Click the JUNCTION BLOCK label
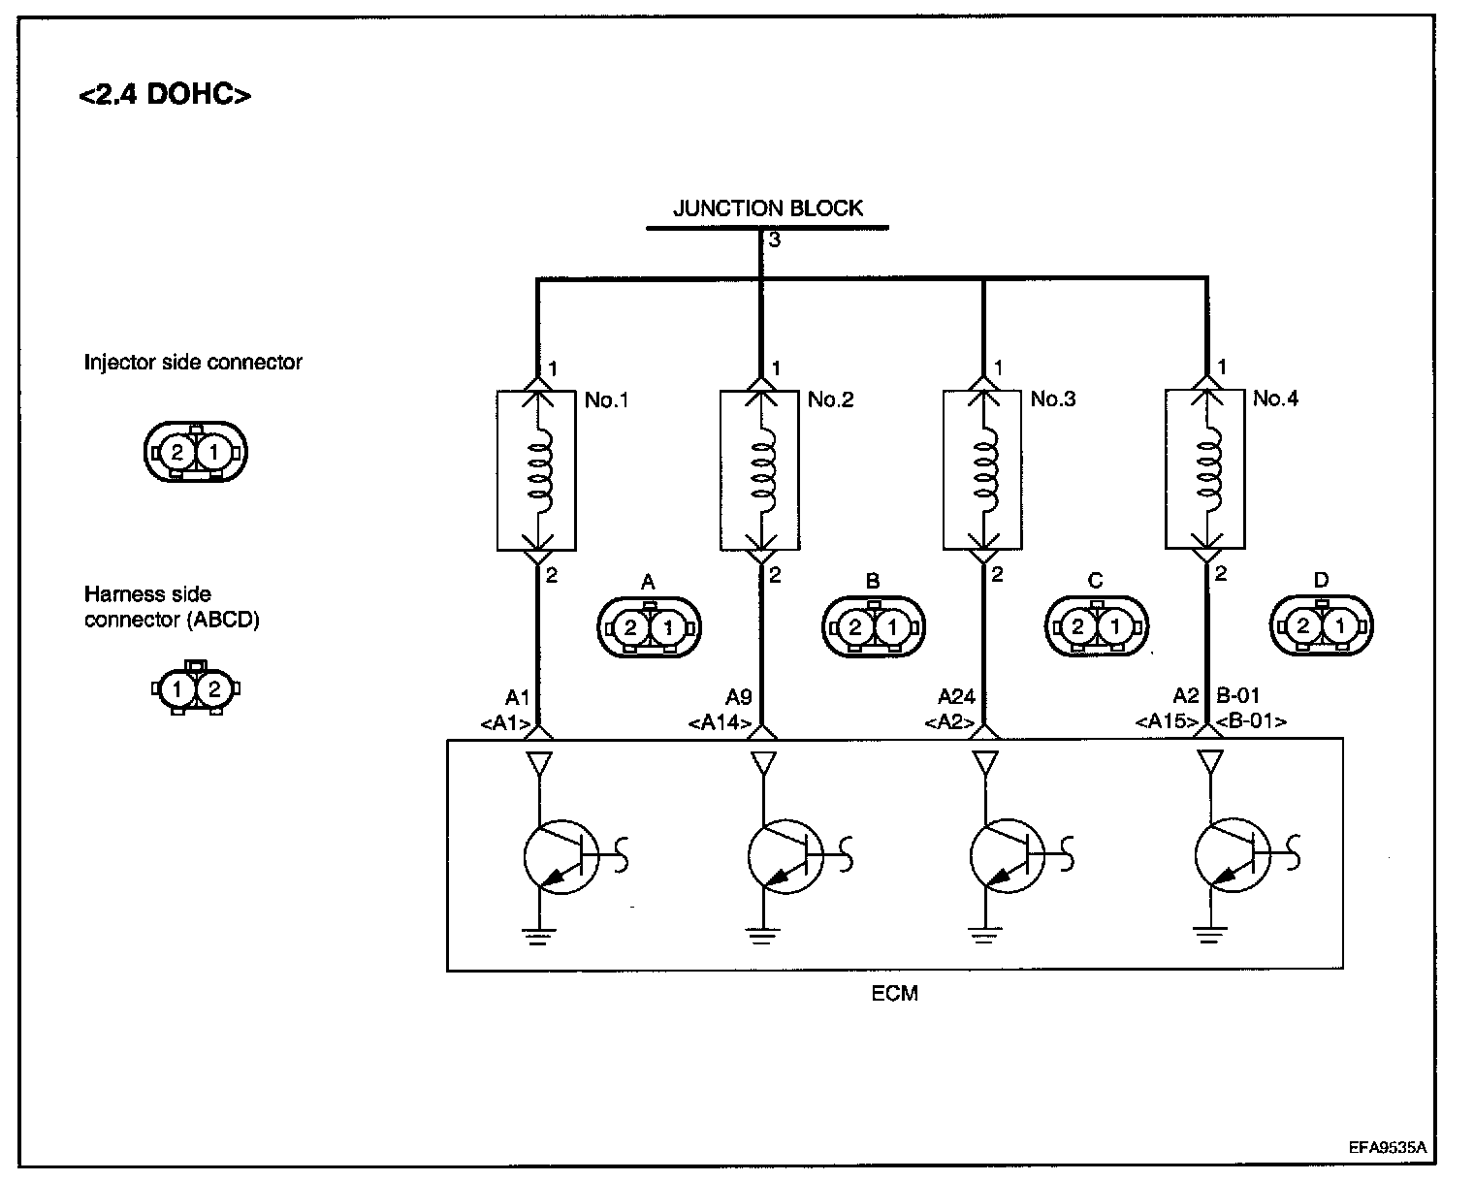[767, 207]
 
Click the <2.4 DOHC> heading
[165, 95]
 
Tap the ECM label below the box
[894, 993]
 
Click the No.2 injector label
[830, 399]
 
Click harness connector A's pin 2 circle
[630, 627]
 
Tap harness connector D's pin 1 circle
[1339, 627]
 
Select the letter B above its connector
[872, 582]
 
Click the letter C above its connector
[1095, 582]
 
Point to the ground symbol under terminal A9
[762, 936]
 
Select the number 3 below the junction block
[774, 239]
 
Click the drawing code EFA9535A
[1387, 1146]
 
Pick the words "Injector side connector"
[193, 363]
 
